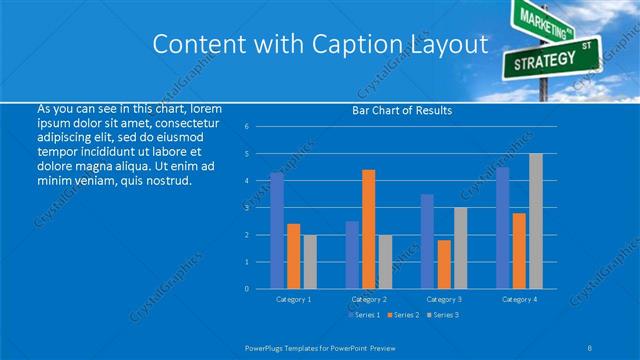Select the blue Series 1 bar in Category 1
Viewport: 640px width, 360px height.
277,231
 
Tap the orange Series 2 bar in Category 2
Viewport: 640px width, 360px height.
369,229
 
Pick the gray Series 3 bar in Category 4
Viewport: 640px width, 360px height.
536,221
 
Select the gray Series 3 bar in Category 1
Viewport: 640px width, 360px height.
310,261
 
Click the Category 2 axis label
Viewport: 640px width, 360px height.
368,299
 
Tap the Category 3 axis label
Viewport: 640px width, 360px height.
444,299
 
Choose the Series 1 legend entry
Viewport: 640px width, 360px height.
364,315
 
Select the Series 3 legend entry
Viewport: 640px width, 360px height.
442,315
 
